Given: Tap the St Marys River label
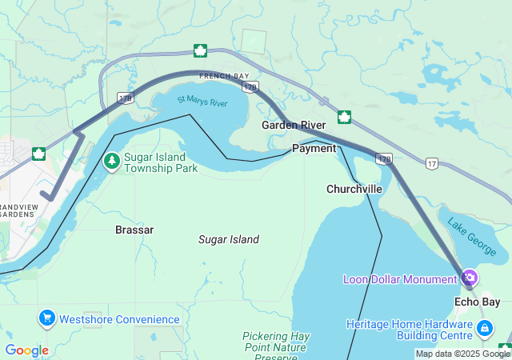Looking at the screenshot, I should point(202,102).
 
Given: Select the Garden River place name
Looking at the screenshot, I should point(293,126).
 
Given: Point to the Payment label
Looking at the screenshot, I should point(314,149).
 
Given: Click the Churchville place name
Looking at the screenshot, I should point(354,189).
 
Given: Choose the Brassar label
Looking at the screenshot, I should point(134,230).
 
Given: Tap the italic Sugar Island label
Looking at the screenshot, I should point(229,239).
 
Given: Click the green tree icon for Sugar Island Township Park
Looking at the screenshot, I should point(112,162).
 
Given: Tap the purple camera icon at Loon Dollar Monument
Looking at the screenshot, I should point(470,278).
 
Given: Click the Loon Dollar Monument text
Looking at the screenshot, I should point(400,279).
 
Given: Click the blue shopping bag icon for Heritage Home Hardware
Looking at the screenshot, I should point(484,329).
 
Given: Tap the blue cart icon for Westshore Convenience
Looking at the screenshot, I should point(46,319).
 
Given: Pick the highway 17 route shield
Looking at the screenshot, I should point(432,162).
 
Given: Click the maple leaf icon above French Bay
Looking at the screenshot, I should point(200,51).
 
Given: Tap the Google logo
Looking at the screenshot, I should point(26,350).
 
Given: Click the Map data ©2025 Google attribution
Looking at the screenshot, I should point(462,354).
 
